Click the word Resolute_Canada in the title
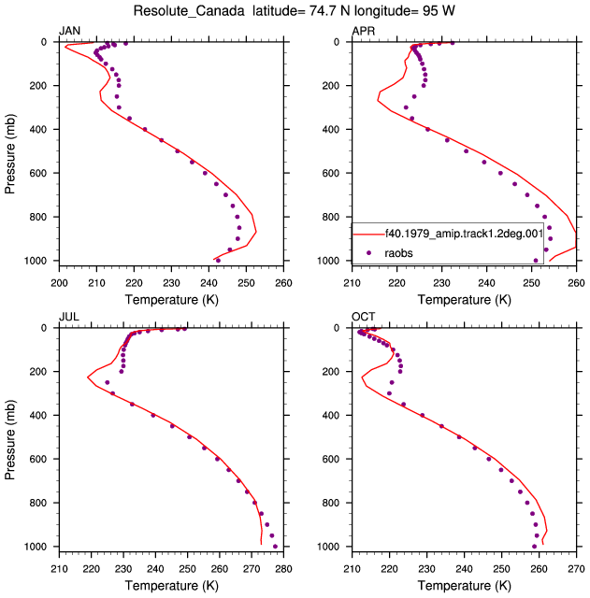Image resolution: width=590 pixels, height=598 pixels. point(189,11)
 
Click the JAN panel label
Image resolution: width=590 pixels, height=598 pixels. point(69,31)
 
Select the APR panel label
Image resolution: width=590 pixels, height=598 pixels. point(364,31)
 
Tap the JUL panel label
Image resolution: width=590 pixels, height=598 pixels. point(69,317)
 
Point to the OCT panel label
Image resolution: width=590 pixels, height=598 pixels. point(364,317)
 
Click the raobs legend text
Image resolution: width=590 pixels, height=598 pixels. point(399,253)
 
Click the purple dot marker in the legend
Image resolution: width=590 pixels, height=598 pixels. point(368,253)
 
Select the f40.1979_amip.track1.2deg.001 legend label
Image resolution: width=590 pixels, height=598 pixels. point(464,234)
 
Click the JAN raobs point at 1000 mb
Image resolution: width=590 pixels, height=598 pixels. point(218,261)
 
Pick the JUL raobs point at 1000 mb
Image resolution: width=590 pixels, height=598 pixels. point(275,547)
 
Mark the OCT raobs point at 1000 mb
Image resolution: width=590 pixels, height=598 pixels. point(534,547)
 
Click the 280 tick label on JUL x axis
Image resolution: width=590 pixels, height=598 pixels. point(283,569)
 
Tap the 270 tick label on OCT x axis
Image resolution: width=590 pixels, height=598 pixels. point(576,569)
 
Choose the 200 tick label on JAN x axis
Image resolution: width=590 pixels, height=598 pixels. point(59,283)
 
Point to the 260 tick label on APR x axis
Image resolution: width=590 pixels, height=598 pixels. point(576,283)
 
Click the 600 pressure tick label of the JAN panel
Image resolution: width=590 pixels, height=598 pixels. point(38,173)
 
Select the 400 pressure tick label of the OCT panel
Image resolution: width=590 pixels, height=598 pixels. point(331,415)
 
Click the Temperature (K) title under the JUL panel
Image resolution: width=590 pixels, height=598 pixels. point(172,586)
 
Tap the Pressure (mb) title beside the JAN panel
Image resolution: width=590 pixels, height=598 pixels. point(10,153)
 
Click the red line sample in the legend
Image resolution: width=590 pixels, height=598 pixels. point(368,234)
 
